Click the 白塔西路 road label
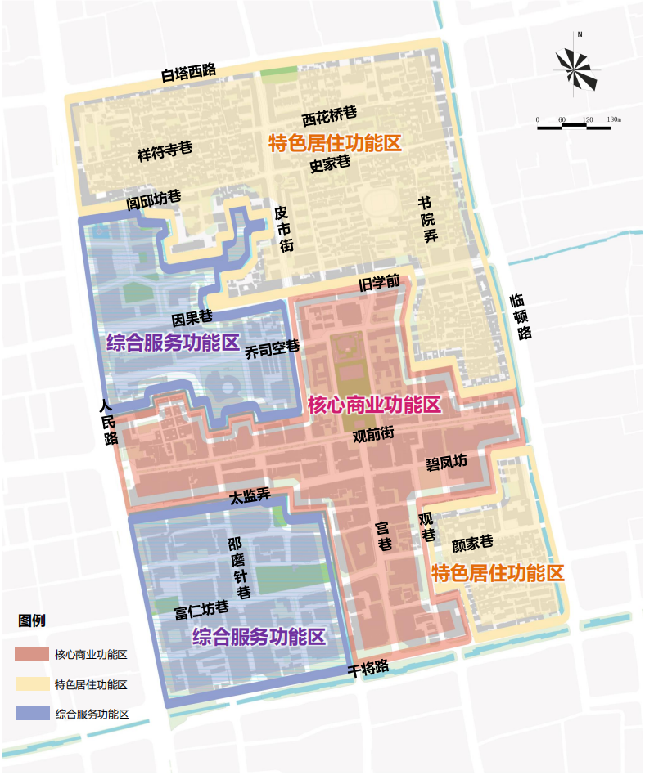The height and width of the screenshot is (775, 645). (188, 73)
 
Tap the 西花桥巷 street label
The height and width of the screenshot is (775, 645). (329, 114)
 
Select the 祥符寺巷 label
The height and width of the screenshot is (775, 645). (165, 150)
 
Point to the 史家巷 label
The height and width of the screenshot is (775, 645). (330, 164)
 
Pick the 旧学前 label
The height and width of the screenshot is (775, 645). (380, 283)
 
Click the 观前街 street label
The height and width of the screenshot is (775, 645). (373, 434)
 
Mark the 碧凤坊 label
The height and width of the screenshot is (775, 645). (446, 462)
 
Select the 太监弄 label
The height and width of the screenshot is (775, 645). (250, 495)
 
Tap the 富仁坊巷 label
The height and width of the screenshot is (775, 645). (201, 611)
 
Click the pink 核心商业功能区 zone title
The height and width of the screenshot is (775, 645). (374, 405)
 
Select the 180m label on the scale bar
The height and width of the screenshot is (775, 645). (613, 120)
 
